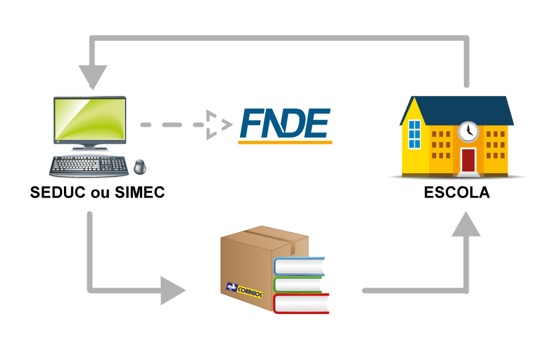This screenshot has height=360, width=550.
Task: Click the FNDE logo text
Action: (285, 124)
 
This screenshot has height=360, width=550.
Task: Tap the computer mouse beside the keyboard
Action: (140, 167)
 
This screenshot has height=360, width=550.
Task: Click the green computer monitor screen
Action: (89, 119)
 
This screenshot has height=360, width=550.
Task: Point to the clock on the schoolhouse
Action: (468, 131)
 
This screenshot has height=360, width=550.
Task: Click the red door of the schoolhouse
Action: (468, 160)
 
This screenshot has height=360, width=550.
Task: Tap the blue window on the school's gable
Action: (415, 134)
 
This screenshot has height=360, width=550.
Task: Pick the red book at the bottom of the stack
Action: (301, 304)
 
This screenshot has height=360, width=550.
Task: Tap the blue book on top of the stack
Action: (299, 267)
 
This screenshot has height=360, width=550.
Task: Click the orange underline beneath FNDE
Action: (285, 142)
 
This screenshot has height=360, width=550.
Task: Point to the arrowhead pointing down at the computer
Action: (92, 76)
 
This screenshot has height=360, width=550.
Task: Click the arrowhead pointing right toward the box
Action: (171, 290)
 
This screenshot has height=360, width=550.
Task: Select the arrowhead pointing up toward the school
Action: (466, 225)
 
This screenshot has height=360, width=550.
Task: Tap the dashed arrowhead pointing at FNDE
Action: (218, 125)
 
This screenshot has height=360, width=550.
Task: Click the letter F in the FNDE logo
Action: (251, 124)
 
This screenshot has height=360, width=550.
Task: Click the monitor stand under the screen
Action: (89, 148)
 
